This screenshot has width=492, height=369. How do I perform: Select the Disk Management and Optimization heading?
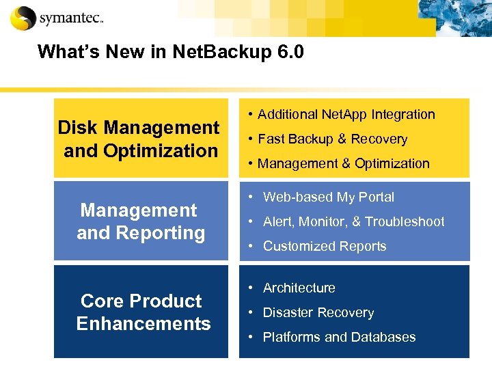pos(138,139)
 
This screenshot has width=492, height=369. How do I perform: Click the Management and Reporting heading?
pos(140,221)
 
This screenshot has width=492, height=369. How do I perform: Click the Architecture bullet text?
pos(299,288)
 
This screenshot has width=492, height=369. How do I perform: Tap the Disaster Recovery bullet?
pos(318,313)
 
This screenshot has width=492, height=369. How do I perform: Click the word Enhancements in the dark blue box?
pos(143,324)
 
